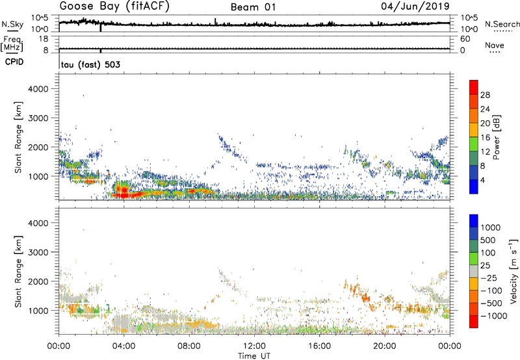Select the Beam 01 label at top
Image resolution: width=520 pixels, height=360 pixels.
pyautogui.click(x=255, y=7)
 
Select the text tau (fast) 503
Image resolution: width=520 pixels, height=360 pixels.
pyautogui.click(x=90, y=64)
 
